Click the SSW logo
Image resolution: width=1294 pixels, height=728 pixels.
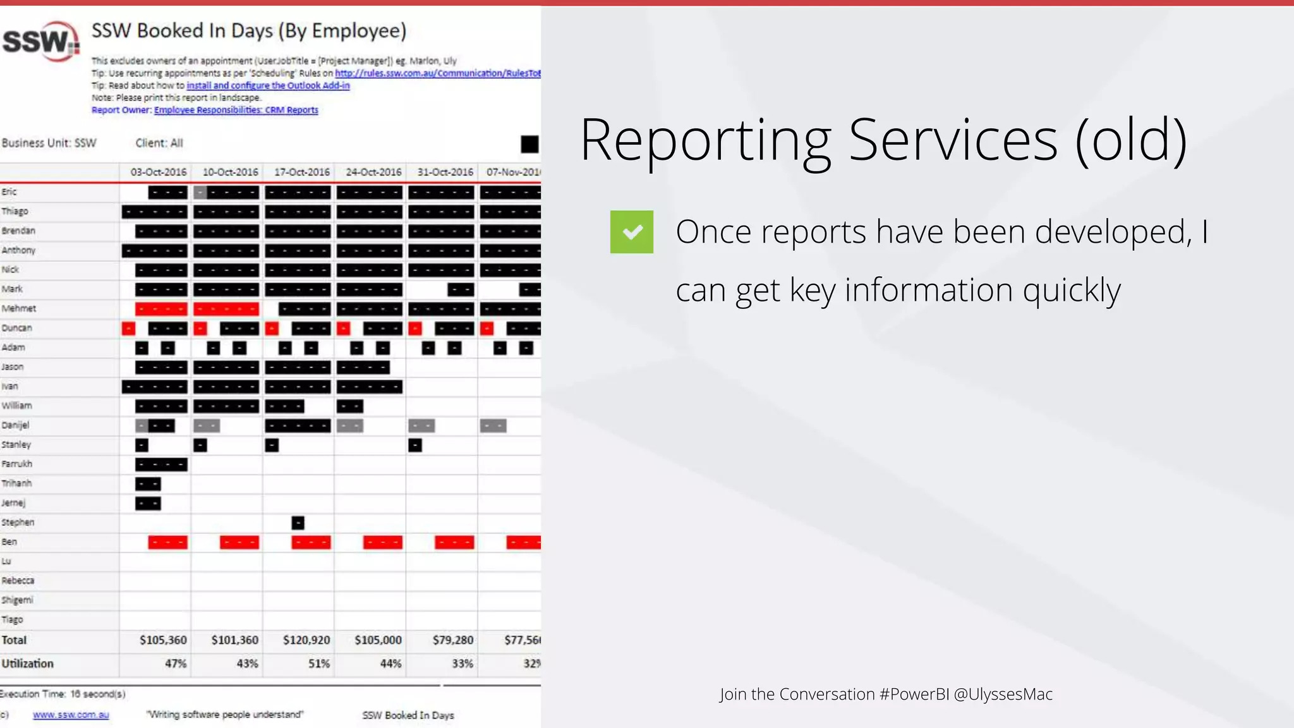pos(41,42)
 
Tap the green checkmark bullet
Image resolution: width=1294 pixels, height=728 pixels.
pos(631,232)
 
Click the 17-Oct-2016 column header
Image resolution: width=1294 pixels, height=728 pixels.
pos(301,172)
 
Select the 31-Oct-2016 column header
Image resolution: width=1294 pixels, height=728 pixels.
pos(445,172)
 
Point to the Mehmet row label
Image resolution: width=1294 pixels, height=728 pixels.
pos(19,308)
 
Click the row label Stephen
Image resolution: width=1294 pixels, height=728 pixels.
pos(18,522)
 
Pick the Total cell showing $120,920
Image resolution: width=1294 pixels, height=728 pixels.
pos(306,640)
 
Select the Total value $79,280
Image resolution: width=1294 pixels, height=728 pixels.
pos(452,640)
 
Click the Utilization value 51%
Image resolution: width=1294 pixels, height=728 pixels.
pos(319,664)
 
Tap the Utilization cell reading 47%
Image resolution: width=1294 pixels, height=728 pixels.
pos(176,664)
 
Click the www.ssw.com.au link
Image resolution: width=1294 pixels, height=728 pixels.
pos(71,715)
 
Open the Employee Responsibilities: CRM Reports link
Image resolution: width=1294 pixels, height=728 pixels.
pos(236,110)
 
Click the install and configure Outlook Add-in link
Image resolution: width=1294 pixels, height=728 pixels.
pos(268,85)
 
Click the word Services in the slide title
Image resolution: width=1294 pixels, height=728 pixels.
pos(952,140)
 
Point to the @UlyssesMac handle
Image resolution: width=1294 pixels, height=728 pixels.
pos(1003,694)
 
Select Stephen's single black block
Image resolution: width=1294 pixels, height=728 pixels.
pos(298,523)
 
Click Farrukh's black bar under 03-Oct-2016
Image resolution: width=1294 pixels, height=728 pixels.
pos(161,464)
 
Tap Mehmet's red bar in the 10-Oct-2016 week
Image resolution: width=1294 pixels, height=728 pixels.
pos(226,309)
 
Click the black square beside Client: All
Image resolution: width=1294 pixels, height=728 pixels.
pos(529,144)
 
